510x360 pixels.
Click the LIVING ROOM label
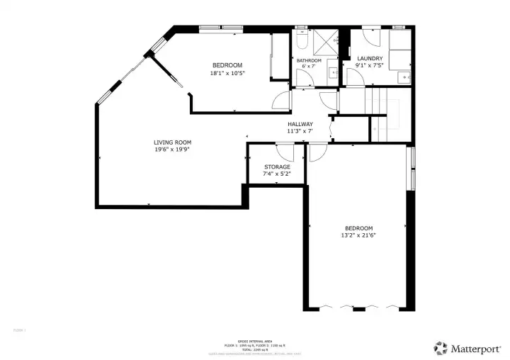pos(172,142)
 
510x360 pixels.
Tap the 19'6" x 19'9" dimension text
pos(172,150)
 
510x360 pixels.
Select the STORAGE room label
pos(277,167)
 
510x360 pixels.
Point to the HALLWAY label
pos(300,124)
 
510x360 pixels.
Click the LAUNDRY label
pos(370,58)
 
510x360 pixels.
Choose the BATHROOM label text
pos(309,60)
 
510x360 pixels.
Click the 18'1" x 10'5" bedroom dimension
pos(227,73)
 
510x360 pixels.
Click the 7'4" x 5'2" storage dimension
pos(277,174)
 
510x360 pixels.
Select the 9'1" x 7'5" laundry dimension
pos(370,66)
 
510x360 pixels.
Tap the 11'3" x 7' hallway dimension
pos(300,131)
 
